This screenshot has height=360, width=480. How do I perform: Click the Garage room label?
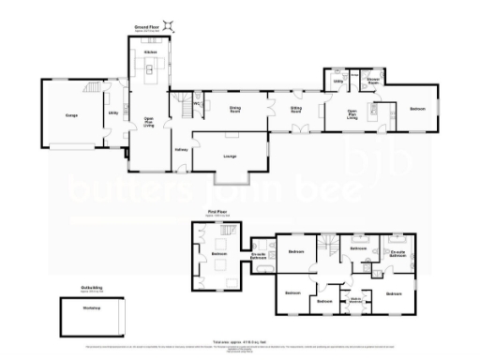click(x=70, y=113)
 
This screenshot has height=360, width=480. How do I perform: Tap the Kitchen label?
click(x=150, y=51)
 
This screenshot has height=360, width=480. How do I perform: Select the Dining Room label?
click(x=236, y=109)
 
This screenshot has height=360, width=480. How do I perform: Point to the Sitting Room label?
click(x=295, y=109)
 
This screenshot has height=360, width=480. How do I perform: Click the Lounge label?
click(x=230, y=156)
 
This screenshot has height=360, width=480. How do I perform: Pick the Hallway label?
click(x=181, y=150)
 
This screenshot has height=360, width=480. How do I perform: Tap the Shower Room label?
click(x=373, y=82)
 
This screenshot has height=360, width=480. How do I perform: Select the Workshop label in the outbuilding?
click(x=91, y=308)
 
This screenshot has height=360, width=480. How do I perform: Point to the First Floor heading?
click(x=217, y=214)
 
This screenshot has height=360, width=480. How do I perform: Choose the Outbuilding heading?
click(x=90, y=290)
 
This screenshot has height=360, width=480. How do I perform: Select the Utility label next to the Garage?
click(x=112, y=113)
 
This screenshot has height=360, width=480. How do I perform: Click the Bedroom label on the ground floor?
click(x=416, y=110)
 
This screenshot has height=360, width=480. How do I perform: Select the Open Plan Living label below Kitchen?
click(x=148, y=119)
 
